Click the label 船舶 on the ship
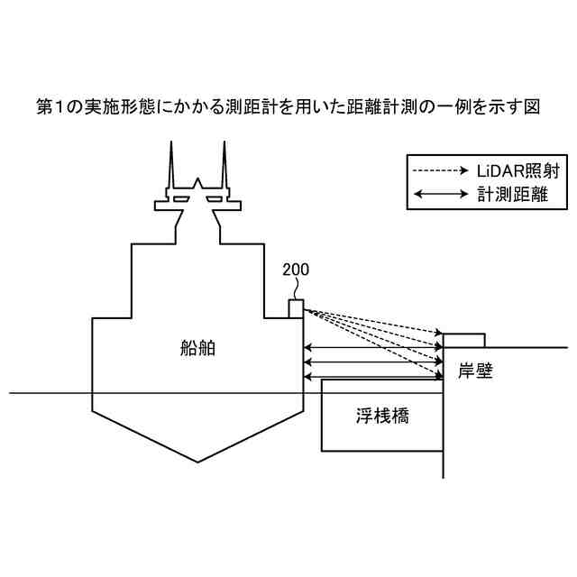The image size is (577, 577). coord(197,348)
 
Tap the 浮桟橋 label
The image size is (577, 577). coord(381,417)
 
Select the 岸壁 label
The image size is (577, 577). coord(475,371)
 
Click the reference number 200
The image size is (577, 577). coord(294,270)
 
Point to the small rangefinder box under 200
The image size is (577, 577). coord(296,308)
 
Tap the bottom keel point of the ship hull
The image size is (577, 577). coord(198,461)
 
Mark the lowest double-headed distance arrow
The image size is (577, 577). coord(374,376)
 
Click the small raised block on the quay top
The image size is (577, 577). coord(463,339)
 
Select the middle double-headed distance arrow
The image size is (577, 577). coord(374,362)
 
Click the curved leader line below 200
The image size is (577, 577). coord(295,288)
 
